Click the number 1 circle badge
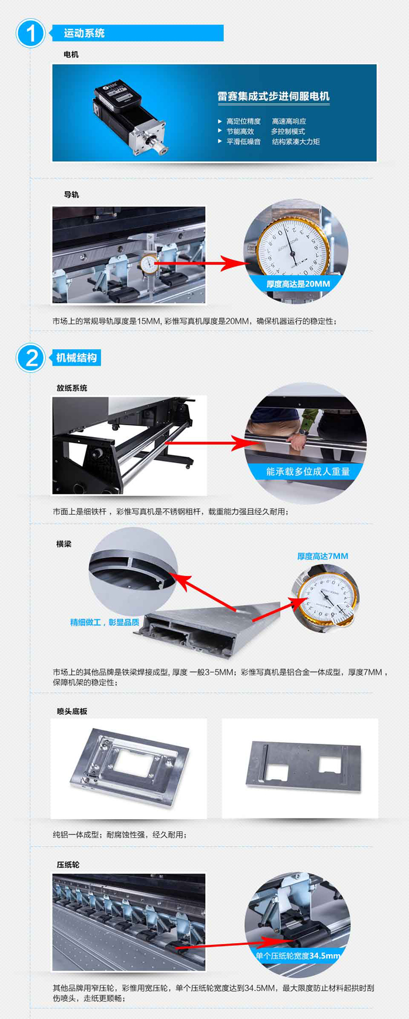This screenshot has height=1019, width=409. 30,33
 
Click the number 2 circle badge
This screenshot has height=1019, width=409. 30,358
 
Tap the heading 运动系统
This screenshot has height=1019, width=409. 84,33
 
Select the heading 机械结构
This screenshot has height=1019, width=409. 77,358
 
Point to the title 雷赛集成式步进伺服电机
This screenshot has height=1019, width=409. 273,96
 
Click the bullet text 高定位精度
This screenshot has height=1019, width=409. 244,122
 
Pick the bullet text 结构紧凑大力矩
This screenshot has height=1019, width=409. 296,141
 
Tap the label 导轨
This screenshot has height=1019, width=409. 71,195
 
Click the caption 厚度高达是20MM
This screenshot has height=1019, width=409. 298,284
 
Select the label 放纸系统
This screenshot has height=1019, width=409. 72,388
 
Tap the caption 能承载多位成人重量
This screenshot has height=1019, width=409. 308,472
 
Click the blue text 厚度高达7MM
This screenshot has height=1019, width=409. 323,556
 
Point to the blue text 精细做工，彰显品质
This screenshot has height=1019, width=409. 105,622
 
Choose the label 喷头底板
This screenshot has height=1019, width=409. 72,711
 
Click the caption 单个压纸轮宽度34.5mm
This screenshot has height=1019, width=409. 298,956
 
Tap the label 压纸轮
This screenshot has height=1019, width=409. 68,865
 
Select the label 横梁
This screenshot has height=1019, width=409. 64,544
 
